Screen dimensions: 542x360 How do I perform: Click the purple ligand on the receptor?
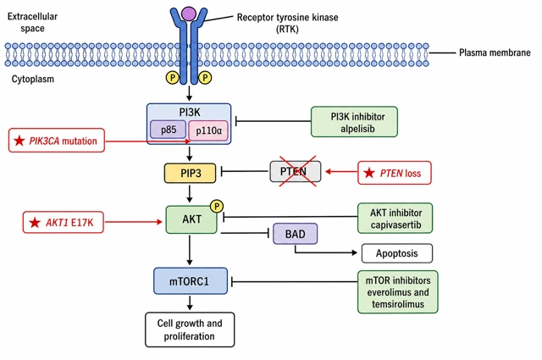[188, 14]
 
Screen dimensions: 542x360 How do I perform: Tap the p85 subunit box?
[169, 130]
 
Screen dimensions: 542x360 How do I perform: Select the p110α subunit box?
[208, 130]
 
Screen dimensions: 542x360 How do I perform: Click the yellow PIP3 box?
[190, 173]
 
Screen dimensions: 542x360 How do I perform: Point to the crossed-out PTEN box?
[296, 171]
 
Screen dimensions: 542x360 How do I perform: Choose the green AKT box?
[191, 219]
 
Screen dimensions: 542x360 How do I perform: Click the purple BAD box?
[296, 234]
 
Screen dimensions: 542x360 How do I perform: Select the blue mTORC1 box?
[191, 281]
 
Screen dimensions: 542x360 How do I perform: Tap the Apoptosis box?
[397, 253]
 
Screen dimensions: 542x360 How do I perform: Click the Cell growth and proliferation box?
[190, 330]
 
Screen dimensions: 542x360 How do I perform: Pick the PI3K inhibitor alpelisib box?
[354, 122]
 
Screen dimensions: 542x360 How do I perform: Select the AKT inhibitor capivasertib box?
[395, 219]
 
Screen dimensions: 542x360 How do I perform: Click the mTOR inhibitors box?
[398, 292]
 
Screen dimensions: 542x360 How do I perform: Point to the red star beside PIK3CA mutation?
[19, 141]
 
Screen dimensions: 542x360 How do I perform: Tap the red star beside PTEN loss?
[369, 173]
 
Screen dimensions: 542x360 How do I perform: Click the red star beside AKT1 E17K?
[35, 223]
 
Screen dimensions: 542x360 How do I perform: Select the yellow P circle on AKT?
[217, 207]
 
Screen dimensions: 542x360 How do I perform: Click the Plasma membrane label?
[495, 53]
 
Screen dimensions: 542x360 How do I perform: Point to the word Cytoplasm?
[33, 79]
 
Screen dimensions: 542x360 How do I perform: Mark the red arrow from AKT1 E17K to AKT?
[134, 222]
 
